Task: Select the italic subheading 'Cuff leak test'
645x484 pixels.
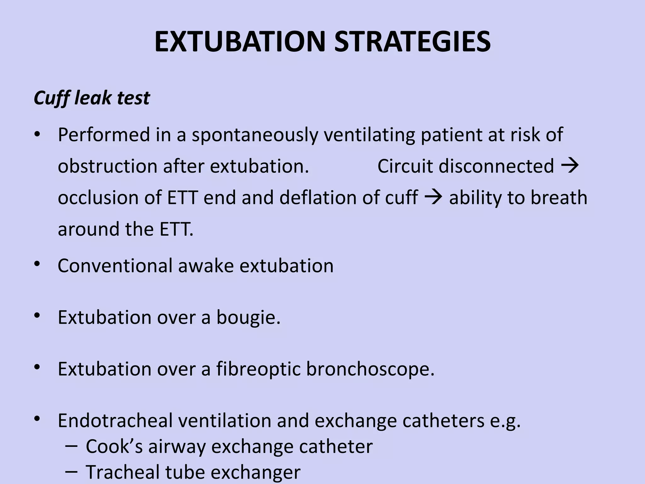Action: tap(92, 98)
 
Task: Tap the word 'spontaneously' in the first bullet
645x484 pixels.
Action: tap(255, 135)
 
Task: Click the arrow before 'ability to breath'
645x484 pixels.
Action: tap(433, 197)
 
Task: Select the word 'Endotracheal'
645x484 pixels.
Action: tap(115, 420)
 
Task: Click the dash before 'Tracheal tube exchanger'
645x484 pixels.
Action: tap(71, 471)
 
